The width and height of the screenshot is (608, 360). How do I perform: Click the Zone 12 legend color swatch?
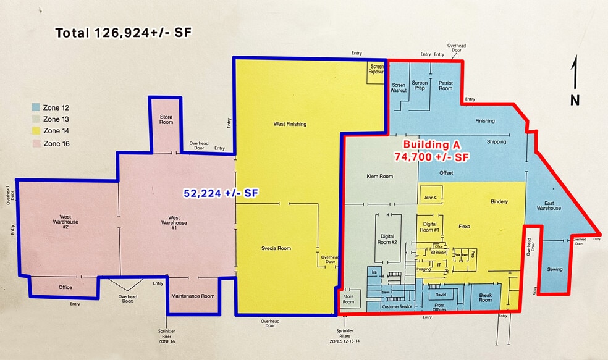click(36, 107)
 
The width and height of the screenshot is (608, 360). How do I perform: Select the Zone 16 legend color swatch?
click(36, 143)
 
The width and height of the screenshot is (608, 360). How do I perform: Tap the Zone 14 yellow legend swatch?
click(36, 131)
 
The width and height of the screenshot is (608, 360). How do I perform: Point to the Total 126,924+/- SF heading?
click(124, 33)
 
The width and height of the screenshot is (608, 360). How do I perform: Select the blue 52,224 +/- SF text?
click(221, 193)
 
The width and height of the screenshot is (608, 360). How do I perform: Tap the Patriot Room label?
click(445, 85)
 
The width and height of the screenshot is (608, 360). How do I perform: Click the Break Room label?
click(485, 298)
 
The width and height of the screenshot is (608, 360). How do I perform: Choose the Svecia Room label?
click(276, 248)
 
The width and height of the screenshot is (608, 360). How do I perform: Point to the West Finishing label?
click(290, 124)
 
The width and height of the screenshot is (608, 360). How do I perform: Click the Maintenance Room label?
click(193, 296)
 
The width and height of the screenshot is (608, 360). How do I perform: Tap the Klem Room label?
click(380, 176)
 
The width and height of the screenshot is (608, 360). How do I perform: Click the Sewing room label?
click(555, 269)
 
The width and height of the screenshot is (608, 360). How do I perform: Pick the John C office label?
click(430, 198)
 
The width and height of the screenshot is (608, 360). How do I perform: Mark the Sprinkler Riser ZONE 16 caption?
click(167, 336)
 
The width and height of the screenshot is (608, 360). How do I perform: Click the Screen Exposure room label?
click(376, 69)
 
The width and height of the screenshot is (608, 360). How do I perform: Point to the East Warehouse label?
click(549, 205)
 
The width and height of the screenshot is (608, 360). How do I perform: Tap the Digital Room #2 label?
click(387, 239)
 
